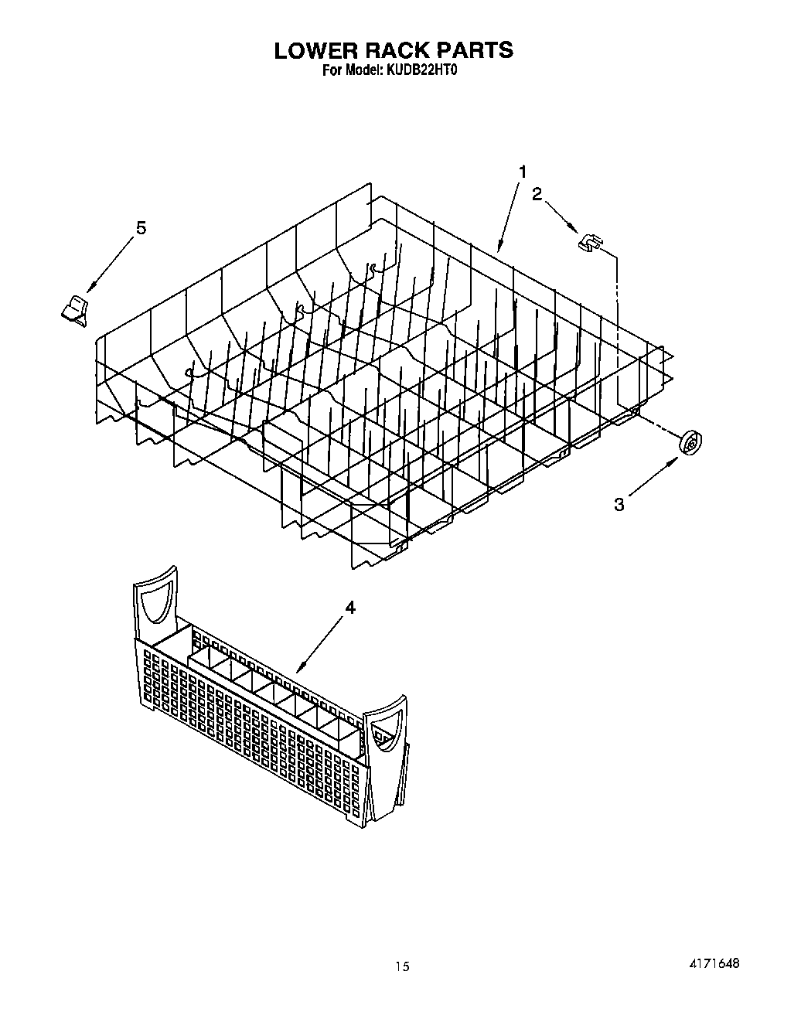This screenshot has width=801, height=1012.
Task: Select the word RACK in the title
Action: (x=395, y=50)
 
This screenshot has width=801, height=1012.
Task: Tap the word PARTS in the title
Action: (x=475, y=50)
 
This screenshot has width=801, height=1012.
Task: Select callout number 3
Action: (x=619, y=505)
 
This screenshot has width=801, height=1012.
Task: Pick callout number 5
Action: (x=141, y=228)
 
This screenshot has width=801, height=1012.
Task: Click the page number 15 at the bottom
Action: (x=400, y=966)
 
